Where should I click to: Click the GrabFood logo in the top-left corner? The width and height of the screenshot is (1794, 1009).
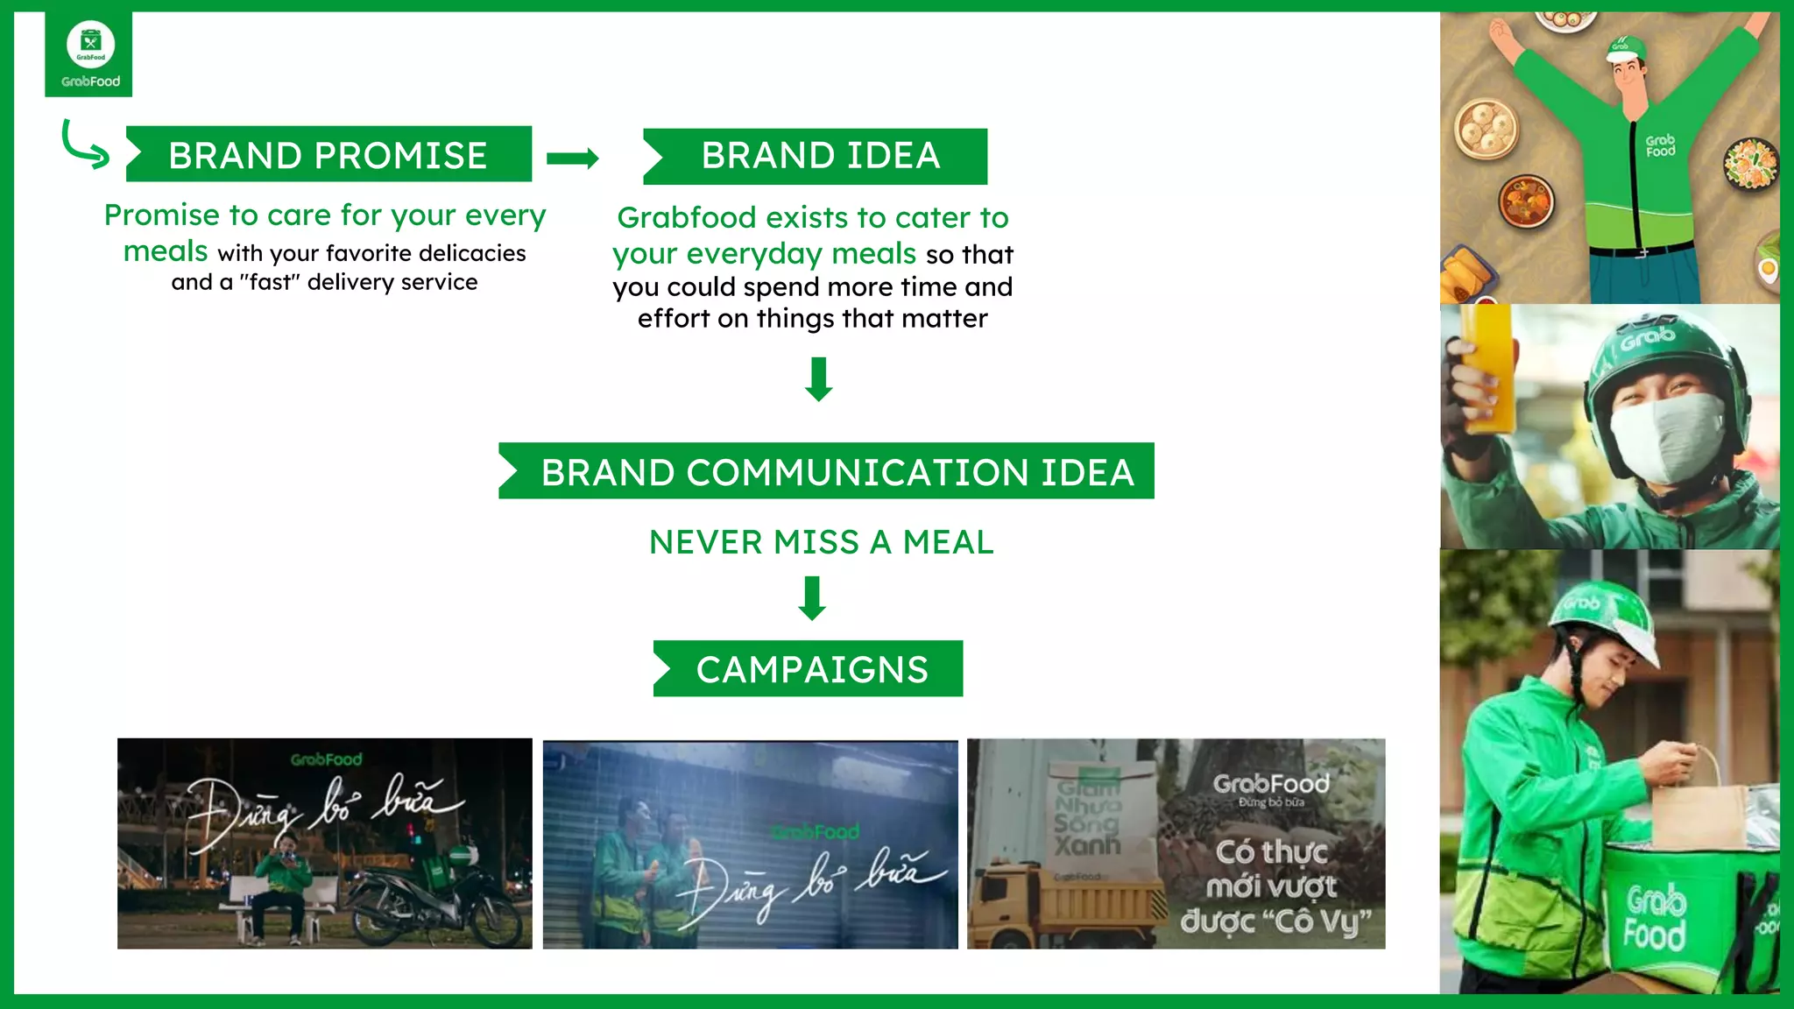pos(89,54)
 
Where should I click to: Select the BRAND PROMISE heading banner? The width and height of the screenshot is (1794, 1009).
pos(328,155)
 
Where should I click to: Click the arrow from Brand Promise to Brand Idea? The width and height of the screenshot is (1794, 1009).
pos(572,158)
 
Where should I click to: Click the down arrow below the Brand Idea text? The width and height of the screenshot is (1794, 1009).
pos(819,378)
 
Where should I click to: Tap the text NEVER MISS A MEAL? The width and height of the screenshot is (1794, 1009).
pos(821,542)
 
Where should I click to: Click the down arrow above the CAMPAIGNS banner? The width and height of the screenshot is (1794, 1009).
pos(813,598)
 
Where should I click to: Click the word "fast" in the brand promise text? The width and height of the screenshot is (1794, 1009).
pos(272,283)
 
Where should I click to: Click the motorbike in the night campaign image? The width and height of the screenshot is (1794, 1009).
pos(438,902)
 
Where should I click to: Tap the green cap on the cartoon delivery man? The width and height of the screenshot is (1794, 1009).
pos(1624,47)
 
